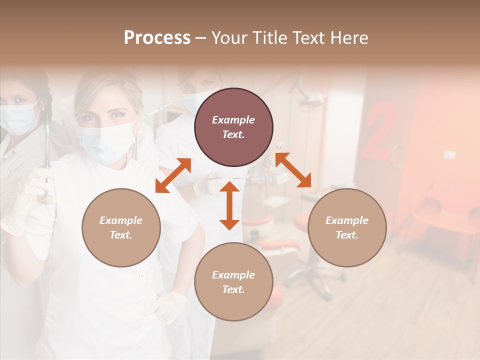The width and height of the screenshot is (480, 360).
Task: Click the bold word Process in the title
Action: [x=157, y=38]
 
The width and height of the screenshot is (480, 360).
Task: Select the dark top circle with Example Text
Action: [x=233, y=127]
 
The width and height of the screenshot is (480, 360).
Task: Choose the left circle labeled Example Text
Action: [x=121, y=227]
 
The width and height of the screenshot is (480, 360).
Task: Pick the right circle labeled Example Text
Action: [x=347, y=227]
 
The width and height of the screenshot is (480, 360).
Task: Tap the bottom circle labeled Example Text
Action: [x=233, y=282]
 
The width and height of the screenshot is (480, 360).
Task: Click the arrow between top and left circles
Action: [x=173, y=175]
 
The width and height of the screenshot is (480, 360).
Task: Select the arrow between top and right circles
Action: [x=293, y=170]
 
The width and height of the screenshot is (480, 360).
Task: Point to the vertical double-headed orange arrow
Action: [x=229, y=205]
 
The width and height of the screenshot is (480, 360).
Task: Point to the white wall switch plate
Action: [x=449, y=154]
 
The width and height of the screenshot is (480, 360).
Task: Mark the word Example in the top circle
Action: [x=233, y=120]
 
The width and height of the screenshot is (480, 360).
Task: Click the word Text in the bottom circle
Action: [x=233, y=289]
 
